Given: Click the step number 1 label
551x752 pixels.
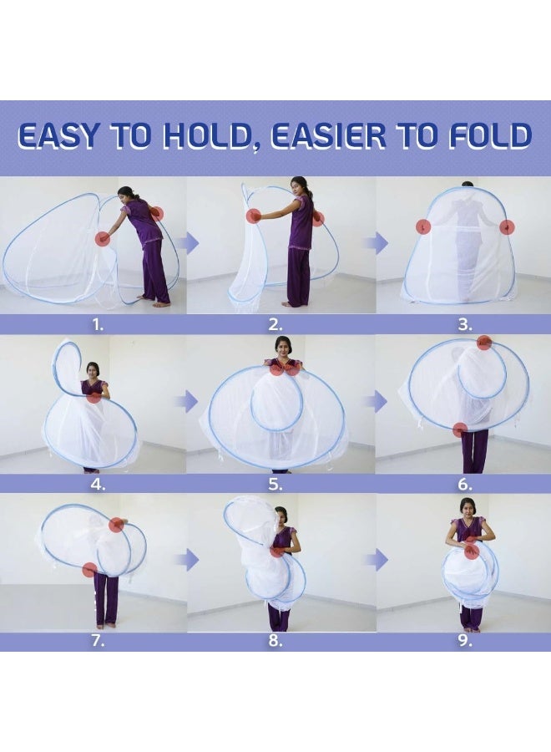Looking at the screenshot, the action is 98,325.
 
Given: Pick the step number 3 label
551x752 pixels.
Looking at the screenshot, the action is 465,325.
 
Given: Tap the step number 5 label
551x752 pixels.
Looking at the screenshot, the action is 275,485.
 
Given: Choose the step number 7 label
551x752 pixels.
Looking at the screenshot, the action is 98,641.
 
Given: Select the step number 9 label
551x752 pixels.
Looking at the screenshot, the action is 465,641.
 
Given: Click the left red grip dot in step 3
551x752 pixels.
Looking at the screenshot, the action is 422,226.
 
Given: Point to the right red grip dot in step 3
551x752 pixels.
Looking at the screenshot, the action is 507,227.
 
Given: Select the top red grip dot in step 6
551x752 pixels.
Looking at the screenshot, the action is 484,343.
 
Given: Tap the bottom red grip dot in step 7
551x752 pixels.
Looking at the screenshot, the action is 89,570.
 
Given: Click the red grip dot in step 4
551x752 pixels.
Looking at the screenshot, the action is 95,397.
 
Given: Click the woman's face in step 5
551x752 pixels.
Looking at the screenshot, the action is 284,348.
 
